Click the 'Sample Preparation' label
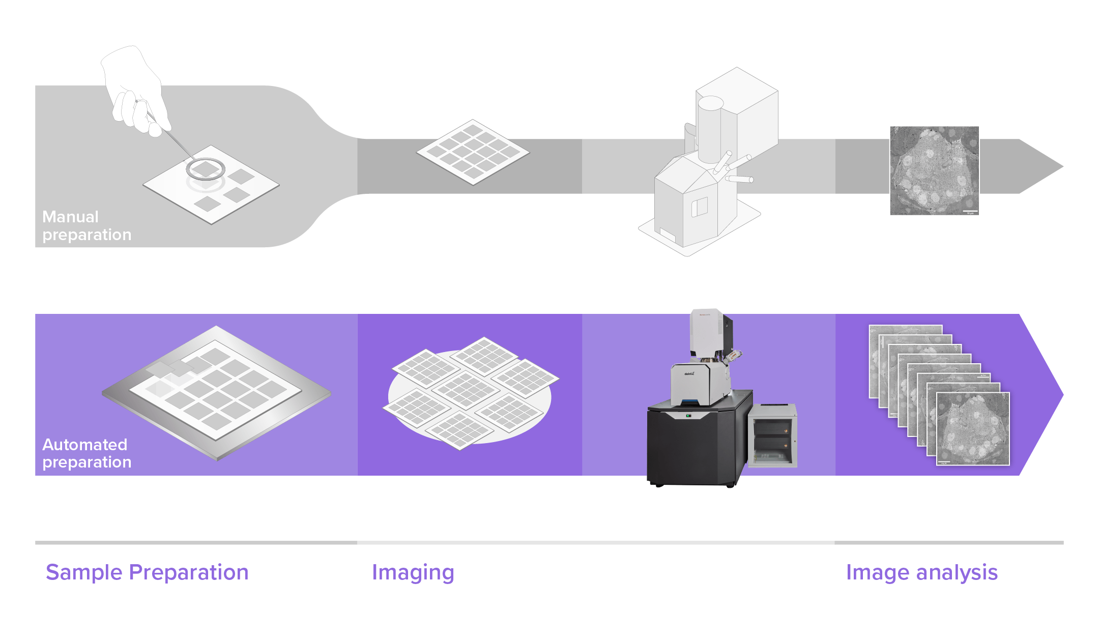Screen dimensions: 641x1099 147,572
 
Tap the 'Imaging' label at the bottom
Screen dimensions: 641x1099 413,572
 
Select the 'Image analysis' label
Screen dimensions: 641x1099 921,572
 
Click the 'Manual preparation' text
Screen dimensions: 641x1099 86,225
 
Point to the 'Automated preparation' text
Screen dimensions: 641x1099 86,453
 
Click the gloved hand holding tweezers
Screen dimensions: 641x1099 135,92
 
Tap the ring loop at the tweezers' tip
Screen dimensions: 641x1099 205,169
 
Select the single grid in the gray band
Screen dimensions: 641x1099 473,152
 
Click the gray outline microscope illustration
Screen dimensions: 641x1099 707,168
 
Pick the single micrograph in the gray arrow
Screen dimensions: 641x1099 934,170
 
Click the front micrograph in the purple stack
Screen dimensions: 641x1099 973,428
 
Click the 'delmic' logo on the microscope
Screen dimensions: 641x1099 689,374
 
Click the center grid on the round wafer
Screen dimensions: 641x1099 466,390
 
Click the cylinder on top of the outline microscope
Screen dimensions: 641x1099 710,127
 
